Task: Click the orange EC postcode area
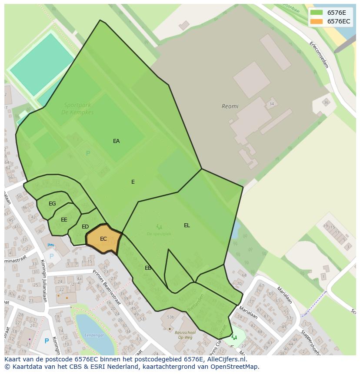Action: click(x=103, y=239)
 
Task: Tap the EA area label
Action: click(x=116, y=141)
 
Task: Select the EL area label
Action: click(x=187, y=225)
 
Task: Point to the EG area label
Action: click(x=52, y=204)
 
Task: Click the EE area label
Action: click(x=64, y=220)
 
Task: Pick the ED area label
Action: click(x=85, y=227)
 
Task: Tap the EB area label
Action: click(x=148, y=268)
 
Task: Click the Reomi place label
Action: click(x=230, y=106)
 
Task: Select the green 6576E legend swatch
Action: click(x=317, y=13)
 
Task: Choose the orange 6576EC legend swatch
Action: click(x=317, y=21)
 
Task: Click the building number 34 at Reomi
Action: click(x=272, y=104)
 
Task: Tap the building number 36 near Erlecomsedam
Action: click(x=326, y=103)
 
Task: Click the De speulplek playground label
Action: click(x=159, y=234)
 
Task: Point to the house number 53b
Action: click(x=170, y=317)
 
